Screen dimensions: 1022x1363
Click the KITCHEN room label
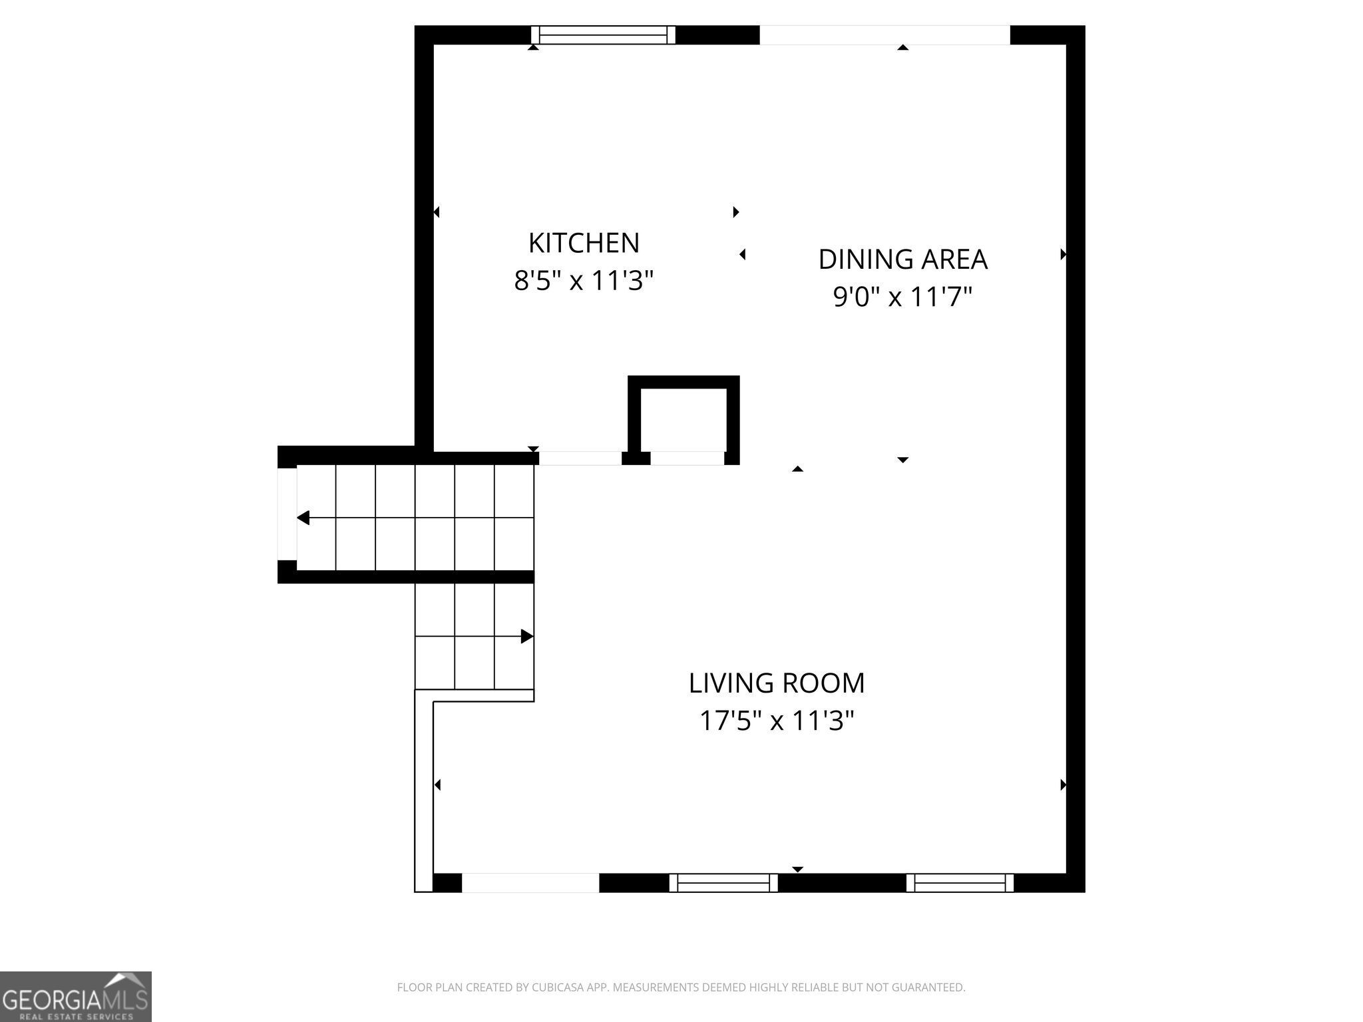(x=584, y=243)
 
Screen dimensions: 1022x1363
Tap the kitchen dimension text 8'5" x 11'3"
(x=584, y=281)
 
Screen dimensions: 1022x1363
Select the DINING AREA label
(x=902, y=259)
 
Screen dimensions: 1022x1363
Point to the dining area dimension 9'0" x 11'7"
(x=902, y=297)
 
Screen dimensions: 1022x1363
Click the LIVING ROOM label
(x=776, y=683)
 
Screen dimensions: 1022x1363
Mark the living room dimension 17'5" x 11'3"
(x=776, y=721)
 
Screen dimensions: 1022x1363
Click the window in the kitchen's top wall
(x=603, y=35)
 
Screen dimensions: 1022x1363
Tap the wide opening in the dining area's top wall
(x=884, y=35)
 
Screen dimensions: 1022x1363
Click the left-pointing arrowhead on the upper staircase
(x=303, y=518)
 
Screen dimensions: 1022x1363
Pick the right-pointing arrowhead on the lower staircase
(x=526, y=636)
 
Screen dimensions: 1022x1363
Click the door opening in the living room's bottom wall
(x=530, y=882)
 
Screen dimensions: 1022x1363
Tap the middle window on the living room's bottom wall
(x=723, y=883)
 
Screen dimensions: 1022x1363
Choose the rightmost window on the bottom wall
(x=960, y=883)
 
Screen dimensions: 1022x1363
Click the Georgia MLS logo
(x=75, y=997)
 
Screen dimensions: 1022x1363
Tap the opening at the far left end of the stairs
(x=287, y=514)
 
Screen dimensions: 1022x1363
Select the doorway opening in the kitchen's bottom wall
(x=580, y=458)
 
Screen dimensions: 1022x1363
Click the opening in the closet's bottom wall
(x=687, y=458)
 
